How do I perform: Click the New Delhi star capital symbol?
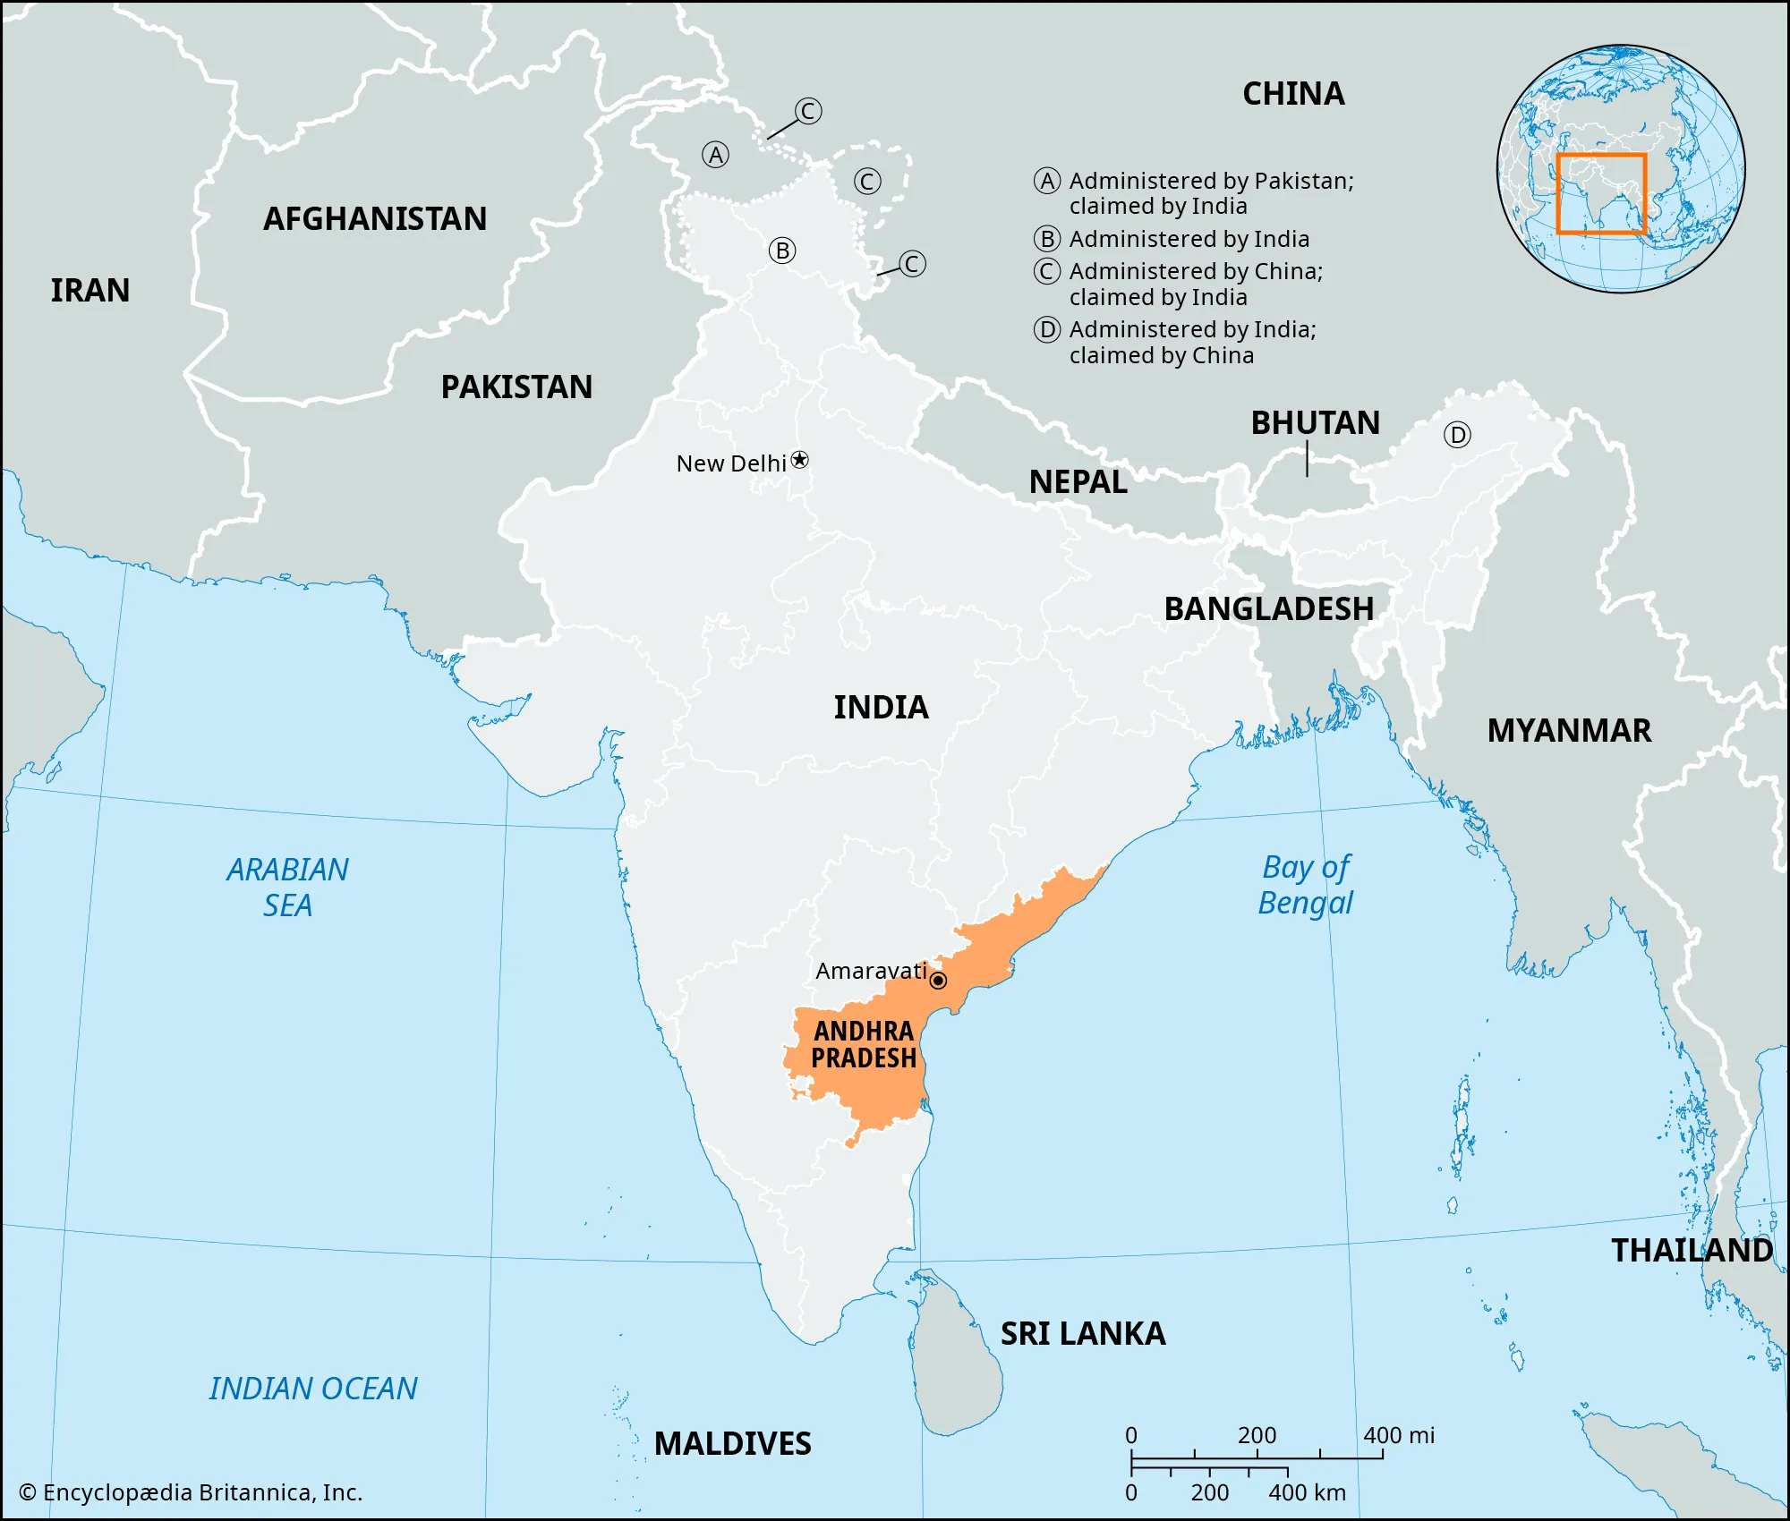[800, 460]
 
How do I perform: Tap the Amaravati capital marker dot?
[938, 981]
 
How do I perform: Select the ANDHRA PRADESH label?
[864, 1045]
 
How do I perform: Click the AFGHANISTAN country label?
[375, 219]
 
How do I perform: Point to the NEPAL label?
[1078, 482]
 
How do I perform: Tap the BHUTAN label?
[1315, 423]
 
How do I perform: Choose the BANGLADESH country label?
[1268, 609]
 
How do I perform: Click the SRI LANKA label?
[1083, 1334]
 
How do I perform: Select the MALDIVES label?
[732, 1444]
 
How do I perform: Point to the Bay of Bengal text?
[1306, 885]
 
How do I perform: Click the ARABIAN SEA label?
[287, 888]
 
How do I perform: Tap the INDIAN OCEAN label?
[313, 1389]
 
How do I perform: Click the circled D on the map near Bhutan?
[1457, 436]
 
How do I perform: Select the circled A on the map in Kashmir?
[715, 156]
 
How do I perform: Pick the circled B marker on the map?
[782, 251]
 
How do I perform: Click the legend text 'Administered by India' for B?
[1189, 240]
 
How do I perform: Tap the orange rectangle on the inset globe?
[1601, 194]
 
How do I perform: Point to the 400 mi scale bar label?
[1398, 1436]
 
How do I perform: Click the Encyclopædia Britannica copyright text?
[191, 1492]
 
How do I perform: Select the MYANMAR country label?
[1569, 731]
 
